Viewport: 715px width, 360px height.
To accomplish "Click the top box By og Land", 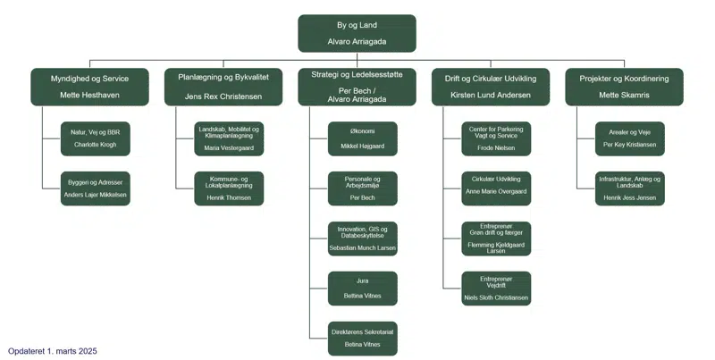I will pos(357,33).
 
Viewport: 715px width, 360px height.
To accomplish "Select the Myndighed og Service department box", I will pos(89,87).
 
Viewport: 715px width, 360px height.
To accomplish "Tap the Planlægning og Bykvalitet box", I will pos(223,87).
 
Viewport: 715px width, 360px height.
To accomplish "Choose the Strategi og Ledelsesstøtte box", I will pos(357,87).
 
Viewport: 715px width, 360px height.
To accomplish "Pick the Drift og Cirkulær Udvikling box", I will pos(491,87).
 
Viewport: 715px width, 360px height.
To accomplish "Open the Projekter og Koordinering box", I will pos(625,87).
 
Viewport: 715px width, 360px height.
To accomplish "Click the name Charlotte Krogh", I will pos(95,145).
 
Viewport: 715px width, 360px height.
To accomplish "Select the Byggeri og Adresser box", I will pos(95,188).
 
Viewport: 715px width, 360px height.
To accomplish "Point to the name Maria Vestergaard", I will pos(230,148).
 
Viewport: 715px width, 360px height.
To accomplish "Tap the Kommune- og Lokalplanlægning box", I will pos(230,188).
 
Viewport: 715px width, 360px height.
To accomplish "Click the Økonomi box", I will pos(363,138).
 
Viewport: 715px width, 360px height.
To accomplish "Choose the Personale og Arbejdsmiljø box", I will pos(363,188).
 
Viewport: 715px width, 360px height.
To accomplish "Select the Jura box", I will pos(363,289).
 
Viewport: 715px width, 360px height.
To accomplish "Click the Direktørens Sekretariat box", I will pos(363,338).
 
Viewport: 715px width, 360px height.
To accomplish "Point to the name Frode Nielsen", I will pos(496,148).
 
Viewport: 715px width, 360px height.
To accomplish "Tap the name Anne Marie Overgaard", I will pos(496,191).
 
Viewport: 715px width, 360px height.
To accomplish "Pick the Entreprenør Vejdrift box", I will pos(496,289).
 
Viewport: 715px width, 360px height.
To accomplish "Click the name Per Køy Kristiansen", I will pos(630,145).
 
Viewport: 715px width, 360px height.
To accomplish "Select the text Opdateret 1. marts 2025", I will pos(53,351).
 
